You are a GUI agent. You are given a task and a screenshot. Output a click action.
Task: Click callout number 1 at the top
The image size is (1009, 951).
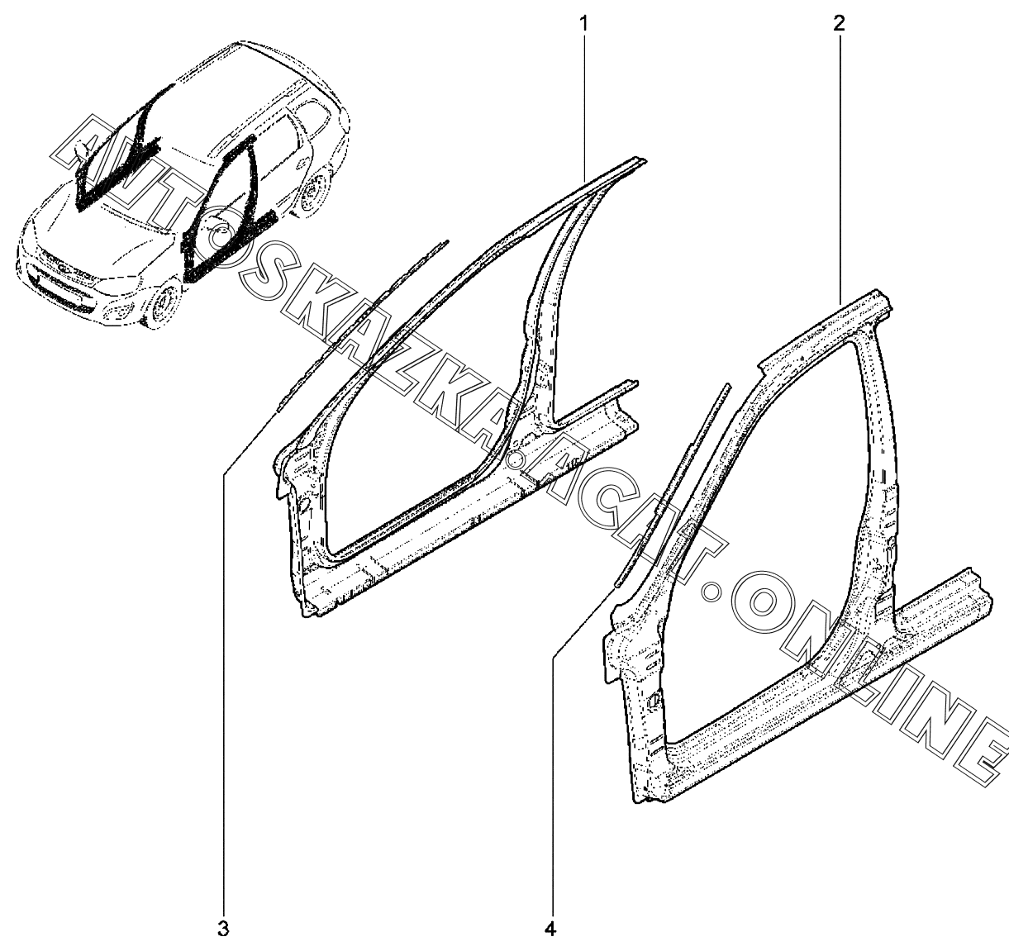(584, 23)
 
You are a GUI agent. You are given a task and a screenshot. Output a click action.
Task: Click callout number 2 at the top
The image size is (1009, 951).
(839, 23)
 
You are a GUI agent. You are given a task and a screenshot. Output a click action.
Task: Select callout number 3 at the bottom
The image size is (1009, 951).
(223, 927)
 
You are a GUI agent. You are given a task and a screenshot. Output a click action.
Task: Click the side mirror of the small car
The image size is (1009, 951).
(83, 149)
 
